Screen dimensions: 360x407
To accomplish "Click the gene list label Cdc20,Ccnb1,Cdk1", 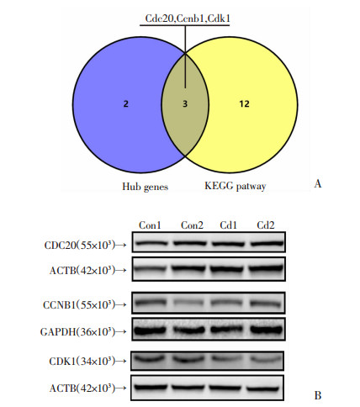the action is coord(188,18).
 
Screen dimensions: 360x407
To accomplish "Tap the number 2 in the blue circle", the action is coord(126,104).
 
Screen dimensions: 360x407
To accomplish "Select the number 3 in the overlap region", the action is coord(185,104).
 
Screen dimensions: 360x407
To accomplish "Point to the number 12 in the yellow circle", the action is coord(244,104).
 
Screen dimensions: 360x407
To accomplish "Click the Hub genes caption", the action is coord(146,187).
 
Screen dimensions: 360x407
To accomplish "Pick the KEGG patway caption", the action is coord(236,186).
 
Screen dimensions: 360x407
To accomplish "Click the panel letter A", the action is coord(318,184).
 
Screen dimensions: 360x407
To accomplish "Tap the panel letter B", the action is coord(318,395).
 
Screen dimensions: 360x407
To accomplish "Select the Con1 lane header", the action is coord(150,225).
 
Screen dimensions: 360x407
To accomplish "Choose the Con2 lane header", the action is coord(192,225).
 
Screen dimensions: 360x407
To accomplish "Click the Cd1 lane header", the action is coord(228,225).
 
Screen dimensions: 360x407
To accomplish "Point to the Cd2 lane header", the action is coord(266,225).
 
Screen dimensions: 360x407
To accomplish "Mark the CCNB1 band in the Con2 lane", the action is coord(188,303).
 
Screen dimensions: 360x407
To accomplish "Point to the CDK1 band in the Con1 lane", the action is coord(150,359).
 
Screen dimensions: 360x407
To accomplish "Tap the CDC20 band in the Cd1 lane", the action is coord(228,244).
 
